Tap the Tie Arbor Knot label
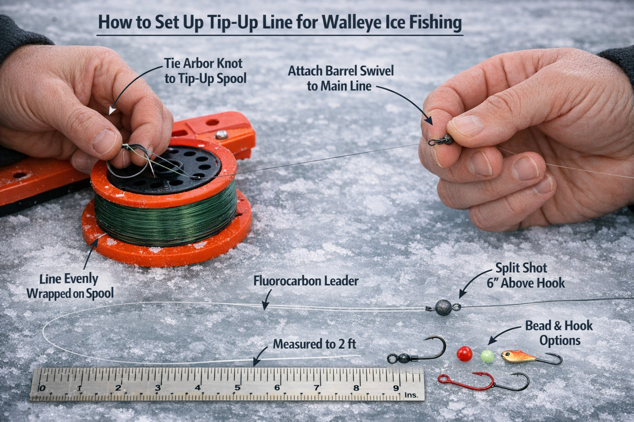(x=203, y=70)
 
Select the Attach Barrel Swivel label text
(x=340, y=78)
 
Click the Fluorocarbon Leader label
(x=306, y=281)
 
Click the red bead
(x=464, y=353)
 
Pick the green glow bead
(x=487, y=356)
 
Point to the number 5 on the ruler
(x=237, y=387)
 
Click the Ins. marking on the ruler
(x=411, y=395)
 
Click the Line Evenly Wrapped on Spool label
(x=70, y=286)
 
